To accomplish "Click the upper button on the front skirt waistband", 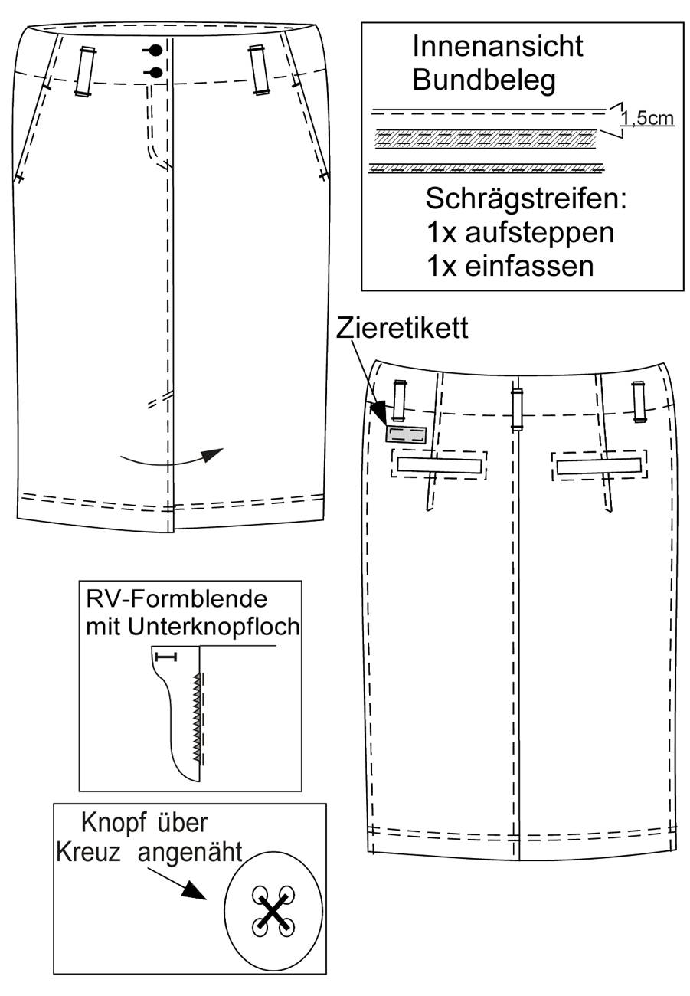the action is tap(155, 51).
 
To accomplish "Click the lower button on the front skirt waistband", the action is tap(155, 72).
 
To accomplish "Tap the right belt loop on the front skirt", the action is tap(258, 70).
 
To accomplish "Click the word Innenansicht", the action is tap(498, 46).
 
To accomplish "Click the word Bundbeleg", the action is tap(484, 80).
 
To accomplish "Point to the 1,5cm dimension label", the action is tap(647, 119).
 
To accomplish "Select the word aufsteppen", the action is tap(539, 234).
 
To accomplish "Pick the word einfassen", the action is tap(529, 267).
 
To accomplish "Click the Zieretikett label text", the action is tap(402, 329).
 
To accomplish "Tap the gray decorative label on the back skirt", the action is tap(406, 434).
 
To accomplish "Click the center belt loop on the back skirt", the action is tap(516, 410).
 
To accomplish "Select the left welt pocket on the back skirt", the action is tap(440, 465).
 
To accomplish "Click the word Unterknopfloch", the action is tap(213, 627).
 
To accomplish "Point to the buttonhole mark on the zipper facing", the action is tap(165, 657).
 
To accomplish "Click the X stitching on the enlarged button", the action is tap(273, 910).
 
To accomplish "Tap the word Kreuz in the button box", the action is tap(89, 853).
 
